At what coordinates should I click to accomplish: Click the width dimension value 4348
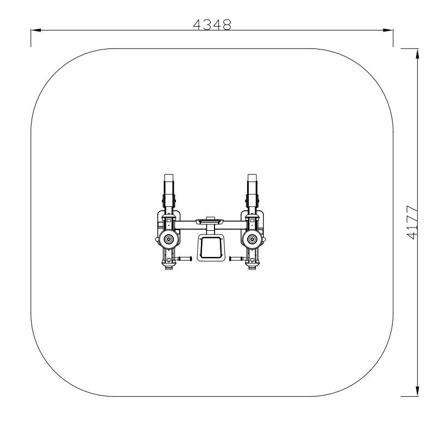(x=212, y=25)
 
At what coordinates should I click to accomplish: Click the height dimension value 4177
(x=412, y=223)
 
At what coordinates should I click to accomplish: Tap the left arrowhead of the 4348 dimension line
(x=36, y=30)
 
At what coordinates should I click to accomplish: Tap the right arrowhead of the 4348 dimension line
(x=388, y=30)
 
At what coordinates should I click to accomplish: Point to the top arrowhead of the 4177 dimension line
(x=418, y=53)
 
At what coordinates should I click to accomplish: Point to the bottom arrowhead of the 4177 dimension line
(x=418, y=391)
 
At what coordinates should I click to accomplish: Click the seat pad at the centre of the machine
(x=210, y=246)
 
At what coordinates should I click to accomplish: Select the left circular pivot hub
(x=168, y=239)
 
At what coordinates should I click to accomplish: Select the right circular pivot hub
(x=252, y=239)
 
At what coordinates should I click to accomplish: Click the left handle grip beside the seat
(x=185, y=259)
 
